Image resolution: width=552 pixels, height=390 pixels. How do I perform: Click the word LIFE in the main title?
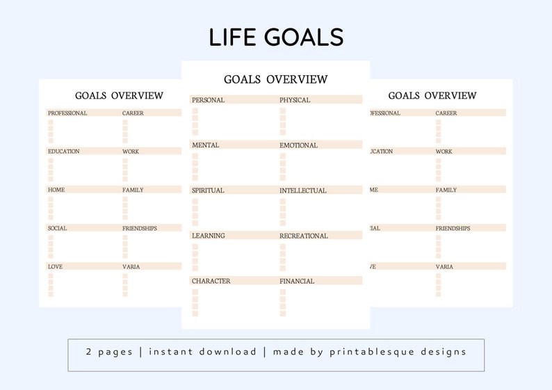click(x=232, y=37)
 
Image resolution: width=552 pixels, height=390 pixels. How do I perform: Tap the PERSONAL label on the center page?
click(x=208, y=100)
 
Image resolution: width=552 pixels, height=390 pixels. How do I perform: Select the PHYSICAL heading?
click(x=295, y=100)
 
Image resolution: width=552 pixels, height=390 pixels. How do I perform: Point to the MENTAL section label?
click(x=205, y=145)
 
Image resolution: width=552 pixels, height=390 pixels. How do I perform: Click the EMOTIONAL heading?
click(x=298, y=145)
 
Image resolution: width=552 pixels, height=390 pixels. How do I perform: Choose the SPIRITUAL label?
click(x=208, y=190)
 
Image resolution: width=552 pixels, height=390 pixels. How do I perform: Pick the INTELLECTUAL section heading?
click(x=302, y=190)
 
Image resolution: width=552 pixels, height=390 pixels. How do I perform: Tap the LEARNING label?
click(x=208, y=236)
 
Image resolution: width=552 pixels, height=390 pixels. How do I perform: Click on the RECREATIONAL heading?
click(x=304, y=236)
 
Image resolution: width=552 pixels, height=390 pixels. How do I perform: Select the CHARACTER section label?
click(x=211, y=281)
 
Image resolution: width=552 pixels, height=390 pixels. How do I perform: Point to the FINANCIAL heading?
click(x=297, y=281)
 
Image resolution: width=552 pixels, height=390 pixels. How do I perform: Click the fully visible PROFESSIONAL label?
click(x=67, y=113)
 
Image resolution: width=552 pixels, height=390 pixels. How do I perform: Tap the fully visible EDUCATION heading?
click(x=63, y=152)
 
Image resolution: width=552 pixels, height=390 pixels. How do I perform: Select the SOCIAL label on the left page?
click(x=57, y=228)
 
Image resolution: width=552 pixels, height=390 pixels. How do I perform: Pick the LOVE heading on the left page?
click(x=55, y=266)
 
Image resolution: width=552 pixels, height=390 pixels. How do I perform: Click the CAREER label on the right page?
click(x=446, y=113)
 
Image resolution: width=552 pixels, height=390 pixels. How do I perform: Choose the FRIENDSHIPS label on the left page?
click(x=140, y=228)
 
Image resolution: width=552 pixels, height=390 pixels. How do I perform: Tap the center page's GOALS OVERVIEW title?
click(x=275, y=79)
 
